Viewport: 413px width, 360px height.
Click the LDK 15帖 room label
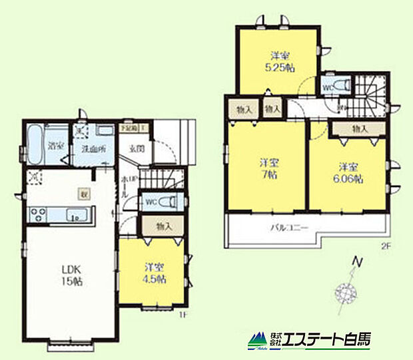pos(71,275)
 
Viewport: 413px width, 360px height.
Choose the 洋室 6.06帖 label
pos(346,172)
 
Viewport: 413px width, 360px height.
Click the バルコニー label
pos(288,228)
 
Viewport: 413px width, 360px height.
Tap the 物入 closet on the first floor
pos(164,226)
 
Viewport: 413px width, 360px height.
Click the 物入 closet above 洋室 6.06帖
pos(360,128)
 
